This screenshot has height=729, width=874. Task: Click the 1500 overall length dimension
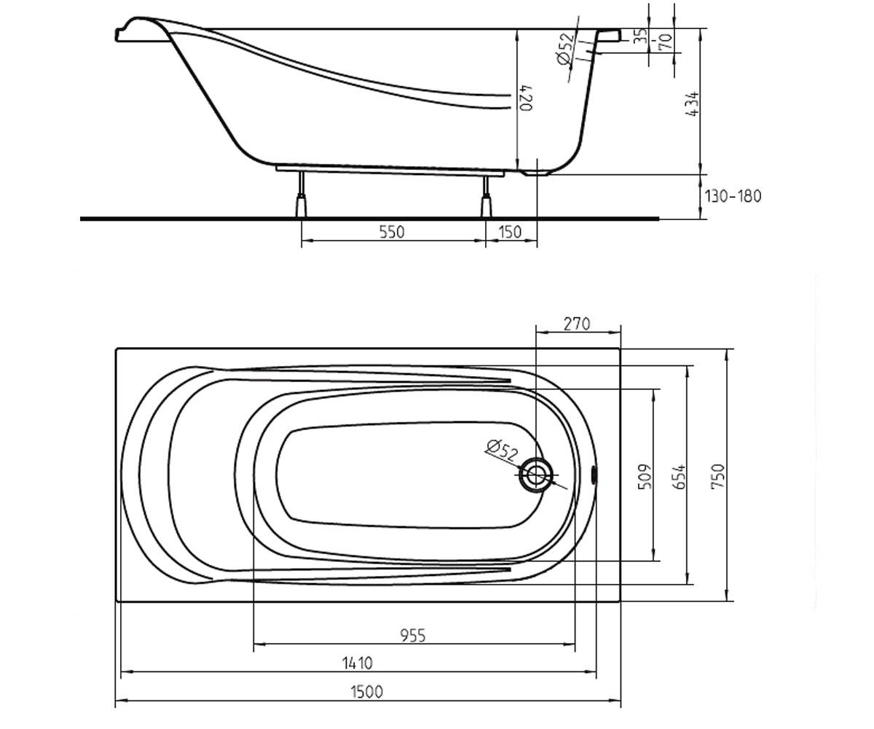coord(366,692)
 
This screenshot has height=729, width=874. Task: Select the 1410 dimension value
coord(357,663)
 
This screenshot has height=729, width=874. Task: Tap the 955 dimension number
coord(413,636)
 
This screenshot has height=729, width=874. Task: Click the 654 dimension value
coord(680,476)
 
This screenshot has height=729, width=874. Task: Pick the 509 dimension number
coord(645,476)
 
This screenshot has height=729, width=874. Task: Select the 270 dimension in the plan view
coord(577,324)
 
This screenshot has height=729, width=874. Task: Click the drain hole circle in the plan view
coord(536,475)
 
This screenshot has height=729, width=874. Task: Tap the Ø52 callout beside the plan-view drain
coord(502,450)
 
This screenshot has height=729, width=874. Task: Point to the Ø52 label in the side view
coord(565,49)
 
